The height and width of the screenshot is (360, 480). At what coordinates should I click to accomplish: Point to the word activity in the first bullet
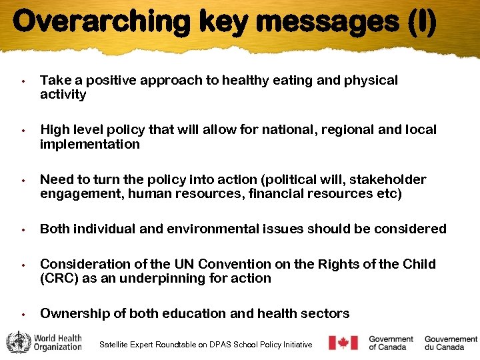[63, 95]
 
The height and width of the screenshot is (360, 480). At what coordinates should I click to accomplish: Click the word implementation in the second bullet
[90, 144]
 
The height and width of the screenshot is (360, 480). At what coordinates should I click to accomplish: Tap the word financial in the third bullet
[286, 194]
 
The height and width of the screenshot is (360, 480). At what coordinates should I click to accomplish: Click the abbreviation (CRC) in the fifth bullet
[59, 278]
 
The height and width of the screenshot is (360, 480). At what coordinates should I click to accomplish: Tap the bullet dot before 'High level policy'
[23, 131]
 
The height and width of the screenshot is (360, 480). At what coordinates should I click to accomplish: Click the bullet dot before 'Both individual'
[23, 230]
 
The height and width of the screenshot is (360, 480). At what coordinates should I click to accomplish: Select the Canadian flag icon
[343, 343]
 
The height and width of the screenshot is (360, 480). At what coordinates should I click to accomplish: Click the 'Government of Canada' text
[391, 343]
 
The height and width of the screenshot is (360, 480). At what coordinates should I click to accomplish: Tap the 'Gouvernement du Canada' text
[451, 343]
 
